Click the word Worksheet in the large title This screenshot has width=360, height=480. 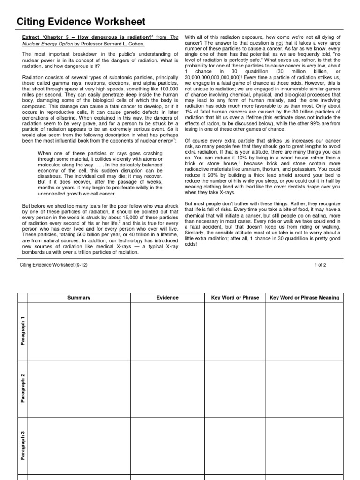coord(116,22)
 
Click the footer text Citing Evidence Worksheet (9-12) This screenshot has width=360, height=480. coord(53,265)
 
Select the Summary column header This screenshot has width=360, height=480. coord(79,298)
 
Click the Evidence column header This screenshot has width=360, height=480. coord(167,298)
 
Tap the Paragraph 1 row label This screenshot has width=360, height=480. coord(22,331)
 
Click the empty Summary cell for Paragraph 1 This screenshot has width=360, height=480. coord(79,331)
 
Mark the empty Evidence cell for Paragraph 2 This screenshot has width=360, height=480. coord(167,388)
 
